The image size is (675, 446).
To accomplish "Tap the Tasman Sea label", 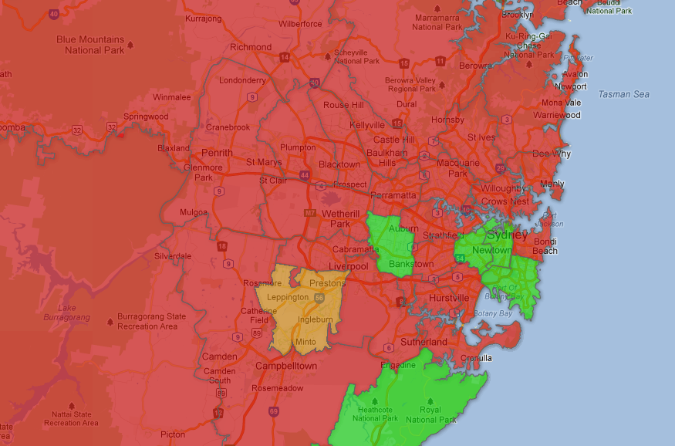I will pyautogui.click(x=623, y=94).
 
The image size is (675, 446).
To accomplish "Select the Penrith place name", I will pyautogui.click(x=217, y=153).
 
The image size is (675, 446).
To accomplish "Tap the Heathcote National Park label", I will pyautogui.click(x=376, y=414).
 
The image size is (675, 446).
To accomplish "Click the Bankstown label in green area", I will pyautogui.click(x=410, y=264).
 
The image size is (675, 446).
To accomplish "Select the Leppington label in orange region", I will pyautogui.click(x=287, y=297).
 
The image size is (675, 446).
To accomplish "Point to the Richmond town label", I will pyautogui.click(x=251, y=47).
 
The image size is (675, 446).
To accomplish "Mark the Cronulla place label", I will pyautogui.click(x=476, y=358).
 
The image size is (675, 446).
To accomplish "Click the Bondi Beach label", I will pyautogui.click(x=545, y=246).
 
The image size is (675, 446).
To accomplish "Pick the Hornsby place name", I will pyautogui.click(x=447, y=120).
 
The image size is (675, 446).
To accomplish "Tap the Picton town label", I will pyautogui.click(x=173, y=434).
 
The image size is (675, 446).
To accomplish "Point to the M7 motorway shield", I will pyautogui.click(x=309, y=212).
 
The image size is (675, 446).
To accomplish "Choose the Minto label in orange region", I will pyautogui.click(x=306, y=342).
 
